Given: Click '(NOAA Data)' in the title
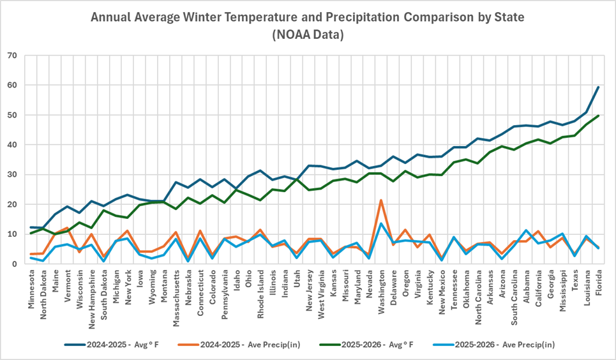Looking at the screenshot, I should pyautogui.click(x=308, y=34).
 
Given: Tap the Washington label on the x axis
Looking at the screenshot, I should pyautogui.click(x=380, y=293).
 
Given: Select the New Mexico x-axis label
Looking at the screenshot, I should pyautogui.click(x=441, y=293).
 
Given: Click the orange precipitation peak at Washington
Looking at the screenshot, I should pyautogui.click(x=381, y=200).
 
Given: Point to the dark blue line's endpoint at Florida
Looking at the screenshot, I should pyautogui.click(x=598, y=87).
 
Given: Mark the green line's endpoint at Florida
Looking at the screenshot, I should pyautogui.click(x=598, y=116).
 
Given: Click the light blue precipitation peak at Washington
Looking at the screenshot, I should pyautogui.click(x=381, y=223).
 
